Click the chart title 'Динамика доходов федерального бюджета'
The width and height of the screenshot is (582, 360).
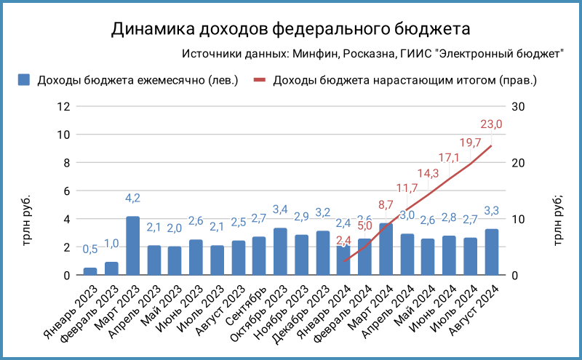(x=291, y=29)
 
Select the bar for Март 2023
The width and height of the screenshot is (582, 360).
(x=132, y=246)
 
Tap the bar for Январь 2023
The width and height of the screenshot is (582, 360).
(x=90, y=271)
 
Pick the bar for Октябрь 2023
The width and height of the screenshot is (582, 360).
(x=280, y=252)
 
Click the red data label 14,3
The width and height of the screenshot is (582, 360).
(x=428, y=173)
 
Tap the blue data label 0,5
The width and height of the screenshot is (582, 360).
(x=90, y=249)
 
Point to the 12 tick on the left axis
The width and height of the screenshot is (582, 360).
(x=63, y=106)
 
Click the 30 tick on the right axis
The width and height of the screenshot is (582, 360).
(x=519, y=106)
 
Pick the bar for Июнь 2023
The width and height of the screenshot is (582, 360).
(x=196, y=257)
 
